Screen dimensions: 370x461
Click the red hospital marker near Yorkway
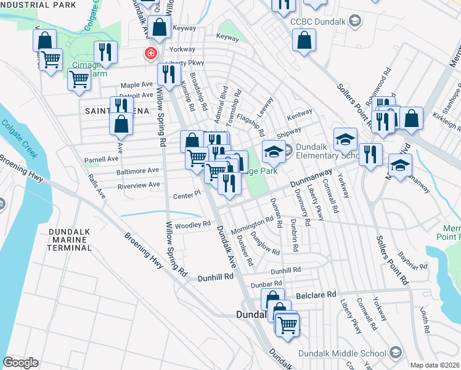coord(149,54)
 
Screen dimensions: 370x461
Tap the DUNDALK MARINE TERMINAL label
coord(70,239)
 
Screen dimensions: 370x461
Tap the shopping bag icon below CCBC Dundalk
coord(304,42)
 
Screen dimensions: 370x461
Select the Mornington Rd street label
coord(252,226)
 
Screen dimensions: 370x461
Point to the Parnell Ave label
coord(101,158)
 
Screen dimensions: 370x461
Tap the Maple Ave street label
coord(136,84)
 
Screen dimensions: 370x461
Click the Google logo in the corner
coord(20,362)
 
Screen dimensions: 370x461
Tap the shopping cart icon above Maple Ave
coord(79,79)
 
